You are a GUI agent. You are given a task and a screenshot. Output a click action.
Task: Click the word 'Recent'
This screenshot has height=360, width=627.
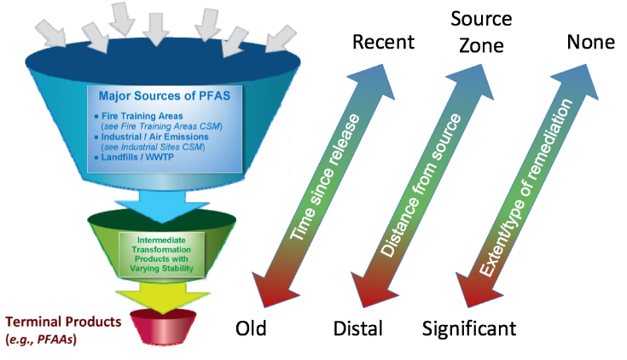pyautogui.click(x=383, y=42)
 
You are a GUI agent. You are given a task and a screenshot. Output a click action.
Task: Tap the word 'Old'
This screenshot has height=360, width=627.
pyautogui.click(x=253, y=328)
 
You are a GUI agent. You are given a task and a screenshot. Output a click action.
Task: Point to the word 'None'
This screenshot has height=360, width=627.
pyautogui.click(x=589, y=42)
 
